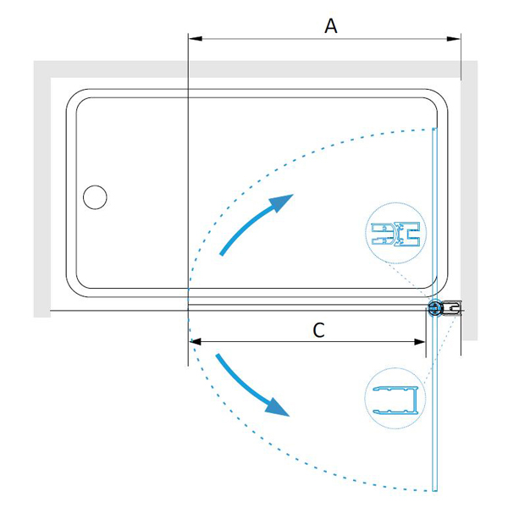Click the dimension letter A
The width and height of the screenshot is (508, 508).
coord(331,26)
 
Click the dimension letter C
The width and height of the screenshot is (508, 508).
coord(319,330)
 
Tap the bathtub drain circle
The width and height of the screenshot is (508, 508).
coord(95,197)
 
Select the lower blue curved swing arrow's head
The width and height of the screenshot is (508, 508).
coord(278,407)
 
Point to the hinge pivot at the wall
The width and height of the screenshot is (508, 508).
coord(434,308)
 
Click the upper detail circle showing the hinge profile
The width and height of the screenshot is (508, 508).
coord(396,234)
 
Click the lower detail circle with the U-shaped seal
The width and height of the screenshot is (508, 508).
coord(395,399)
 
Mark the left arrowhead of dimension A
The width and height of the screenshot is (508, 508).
coord(196,39)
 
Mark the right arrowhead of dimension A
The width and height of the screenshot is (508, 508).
coord(454,39)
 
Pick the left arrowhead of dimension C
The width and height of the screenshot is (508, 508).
coord(196,342)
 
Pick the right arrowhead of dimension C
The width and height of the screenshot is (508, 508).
coord(420,342)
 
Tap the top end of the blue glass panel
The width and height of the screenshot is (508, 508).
coord(434,129)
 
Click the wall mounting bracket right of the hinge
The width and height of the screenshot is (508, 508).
coord(451,308)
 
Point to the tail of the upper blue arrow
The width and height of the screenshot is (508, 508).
coord(222,254)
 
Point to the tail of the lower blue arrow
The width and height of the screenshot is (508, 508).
coord(218,356)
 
